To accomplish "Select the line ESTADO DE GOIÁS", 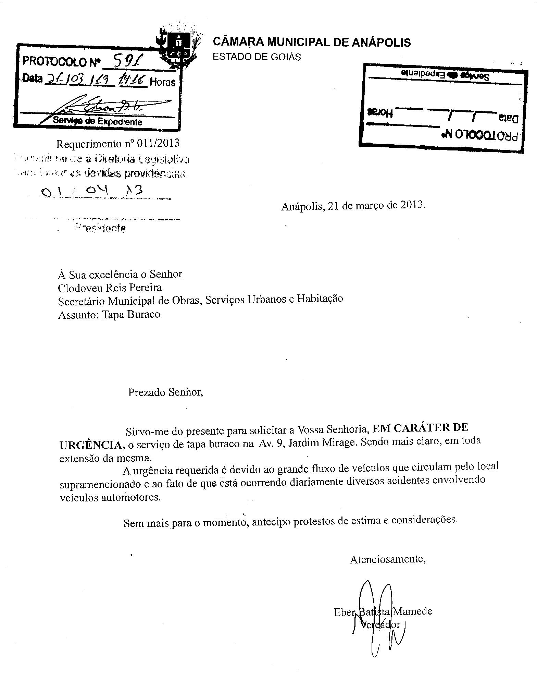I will point(257,57).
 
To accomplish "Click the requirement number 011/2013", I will point(158,143).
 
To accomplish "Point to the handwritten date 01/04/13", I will point(91,191).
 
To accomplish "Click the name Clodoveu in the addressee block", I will point(79,287).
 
